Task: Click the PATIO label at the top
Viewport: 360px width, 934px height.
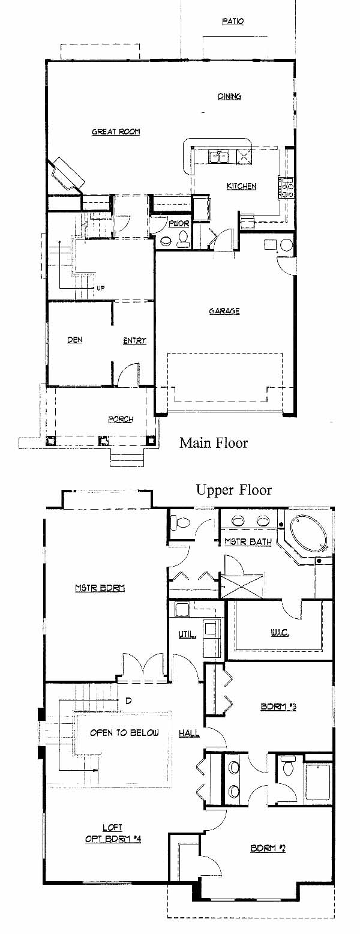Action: click(x=233, y=21)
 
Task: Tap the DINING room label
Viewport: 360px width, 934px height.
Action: click(x=230, y=96)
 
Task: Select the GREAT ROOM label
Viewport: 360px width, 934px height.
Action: click(x=116, y=132)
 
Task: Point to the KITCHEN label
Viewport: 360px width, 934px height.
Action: click(x=241, y=186)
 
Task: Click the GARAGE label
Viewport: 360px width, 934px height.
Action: click(x=224, y=311)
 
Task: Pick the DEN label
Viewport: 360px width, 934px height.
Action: click(x=74, y=340)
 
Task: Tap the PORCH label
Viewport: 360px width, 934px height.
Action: click(x=121, y=419)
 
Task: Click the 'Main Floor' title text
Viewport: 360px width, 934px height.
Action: click(x=214, y=442)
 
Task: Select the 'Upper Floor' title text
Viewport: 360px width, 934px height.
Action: click(x=234, y=490)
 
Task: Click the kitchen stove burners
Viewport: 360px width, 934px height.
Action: click(x=287, y=187)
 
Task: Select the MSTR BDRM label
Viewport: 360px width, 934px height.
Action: click(x=100, y=588)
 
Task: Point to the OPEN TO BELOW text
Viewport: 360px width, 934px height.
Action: click(x=124, y=732)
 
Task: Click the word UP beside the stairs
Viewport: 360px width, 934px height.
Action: click(x=100, y=288)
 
